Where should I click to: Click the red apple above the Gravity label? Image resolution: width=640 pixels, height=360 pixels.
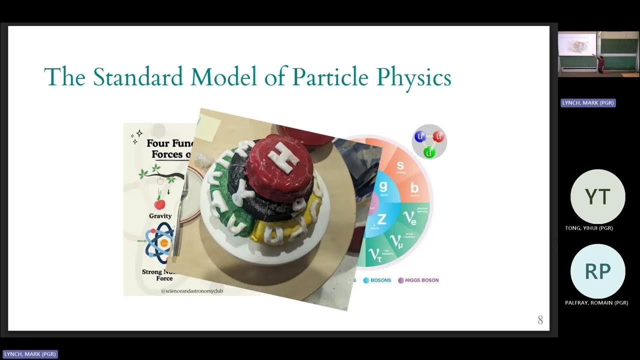pos(159,203)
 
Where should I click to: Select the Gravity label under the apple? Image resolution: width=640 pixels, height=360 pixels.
pos(160,216)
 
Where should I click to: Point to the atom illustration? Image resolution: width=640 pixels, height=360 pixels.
pos(159,243)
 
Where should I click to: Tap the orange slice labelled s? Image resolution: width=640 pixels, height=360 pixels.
pos(400,167)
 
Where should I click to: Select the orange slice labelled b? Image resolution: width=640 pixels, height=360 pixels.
pos(414,189)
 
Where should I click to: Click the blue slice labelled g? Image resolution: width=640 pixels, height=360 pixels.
pos(383,187)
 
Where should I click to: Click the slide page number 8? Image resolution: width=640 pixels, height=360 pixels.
pos(540,320)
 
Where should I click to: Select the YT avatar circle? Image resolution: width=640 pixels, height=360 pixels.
pos(597,196)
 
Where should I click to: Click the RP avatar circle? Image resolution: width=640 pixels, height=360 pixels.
pos(597,271)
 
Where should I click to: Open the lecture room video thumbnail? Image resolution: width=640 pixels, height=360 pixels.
pos(598,54)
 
